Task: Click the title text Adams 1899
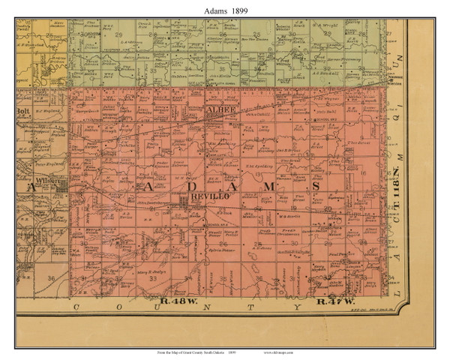click(x=224, y=9)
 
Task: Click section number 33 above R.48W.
click(x=152, y=278)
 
